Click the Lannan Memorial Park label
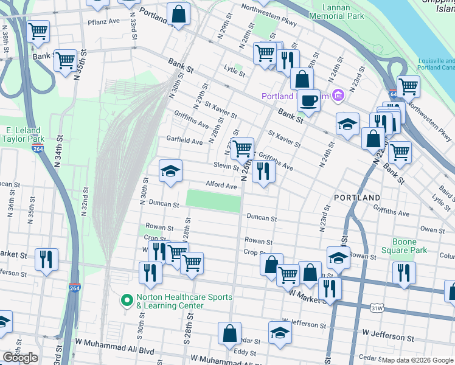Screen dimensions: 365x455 pos(337,10)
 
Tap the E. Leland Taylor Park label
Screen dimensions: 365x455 pos(23,134)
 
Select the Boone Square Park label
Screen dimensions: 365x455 pos(404,245)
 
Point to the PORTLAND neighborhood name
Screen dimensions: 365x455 pos(357,198)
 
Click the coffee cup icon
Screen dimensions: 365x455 pos(308,100)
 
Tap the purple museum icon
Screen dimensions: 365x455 pos(338,96)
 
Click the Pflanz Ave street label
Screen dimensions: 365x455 pos(104,21)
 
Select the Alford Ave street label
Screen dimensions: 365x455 pos(221,186)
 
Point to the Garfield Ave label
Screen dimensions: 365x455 pos(184,141)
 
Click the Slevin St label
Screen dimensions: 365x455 pos(226,165)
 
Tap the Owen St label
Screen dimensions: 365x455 pos(432,230)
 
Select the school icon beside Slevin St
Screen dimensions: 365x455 pos(171,170)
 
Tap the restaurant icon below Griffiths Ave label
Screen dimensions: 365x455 pos(263,170)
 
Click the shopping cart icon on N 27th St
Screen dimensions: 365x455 pos(243,147)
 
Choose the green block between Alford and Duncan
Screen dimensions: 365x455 pos(213,201)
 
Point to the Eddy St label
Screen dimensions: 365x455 pos(245,352)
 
